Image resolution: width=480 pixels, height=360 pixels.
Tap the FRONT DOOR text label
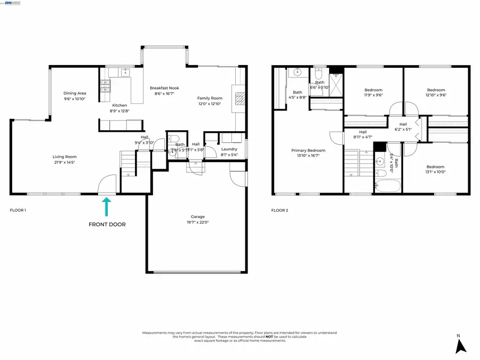(x=107, y=225)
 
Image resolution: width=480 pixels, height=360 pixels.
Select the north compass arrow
(x=460, y=346)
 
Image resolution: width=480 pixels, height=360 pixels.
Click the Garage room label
(x=197, y=217)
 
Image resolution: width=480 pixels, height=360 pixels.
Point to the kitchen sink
(x=124, y=73)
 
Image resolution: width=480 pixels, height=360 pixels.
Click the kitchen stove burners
(x=105, y=84)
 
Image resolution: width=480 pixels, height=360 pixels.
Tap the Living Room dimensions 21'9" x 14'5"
(x=65, y=162)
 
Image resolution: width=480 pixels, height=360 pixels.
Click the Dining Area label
(x=75, y=93)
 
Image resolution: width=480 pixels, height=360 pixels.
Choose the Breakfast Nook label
(x=164, y=88)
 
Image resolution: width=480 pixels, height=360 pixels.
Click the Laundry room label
(x=229, y=149)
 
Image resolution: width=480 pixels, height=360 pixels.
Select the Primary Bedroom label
(x=308, y=150)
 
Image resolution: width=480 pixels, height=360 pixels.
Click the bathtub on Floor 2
(x=387, y=186)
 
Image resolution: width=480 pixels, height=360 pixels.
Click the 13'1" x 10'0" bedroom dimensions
(x=435, y=172)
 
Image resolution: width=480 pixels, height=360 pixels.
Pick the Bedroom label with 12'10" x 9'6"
(x=436, y=90)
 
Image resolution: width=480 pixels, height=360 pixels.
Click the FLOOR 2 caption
(x=279, y=211)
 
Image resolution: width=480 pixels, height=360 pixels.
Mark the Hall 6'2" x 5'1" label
(x=403, y=124)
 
